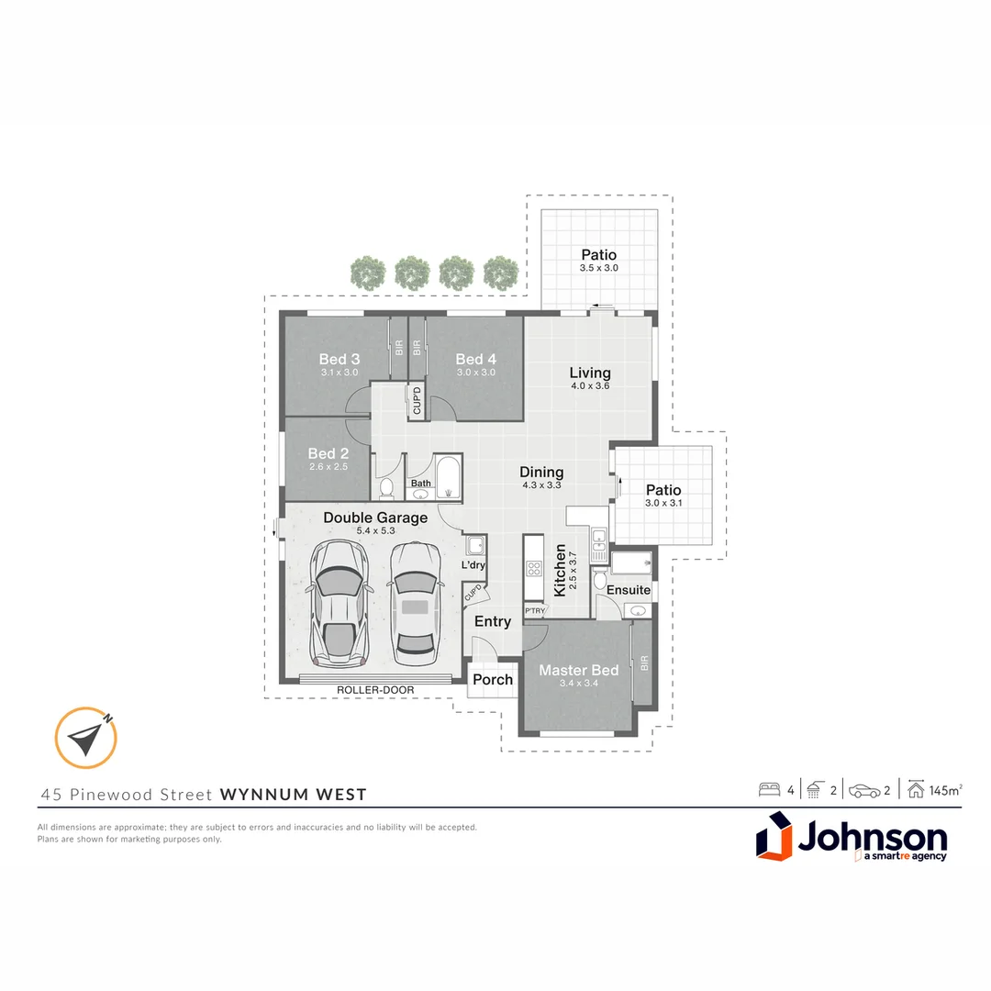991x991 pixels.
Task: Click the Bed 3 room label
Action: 340,359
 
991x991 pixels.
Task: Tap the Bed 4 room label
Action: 475,359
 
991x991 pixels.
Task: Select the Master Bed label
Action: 578,670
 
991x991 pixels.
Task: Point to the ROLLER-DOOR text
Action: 375,690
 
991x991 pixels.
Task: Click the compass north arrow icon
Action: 86,738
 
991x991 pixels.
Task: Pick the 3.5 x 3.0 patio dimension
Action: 598,268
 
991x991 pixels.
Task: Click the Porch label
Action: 493,680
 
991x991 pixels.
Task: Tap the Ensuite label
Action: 628,590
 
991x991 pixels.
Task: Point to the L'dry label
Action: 473,565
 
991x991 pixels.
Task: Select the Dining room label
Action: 541,472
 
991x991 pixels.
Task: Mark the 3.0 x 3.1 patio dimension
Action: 663,503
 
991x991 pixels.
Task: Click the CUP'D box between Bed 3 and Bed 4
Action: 417,401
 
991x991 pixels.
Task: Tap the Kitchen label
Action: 560,570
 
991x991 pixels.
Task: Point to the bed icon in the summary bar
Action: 769,790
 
